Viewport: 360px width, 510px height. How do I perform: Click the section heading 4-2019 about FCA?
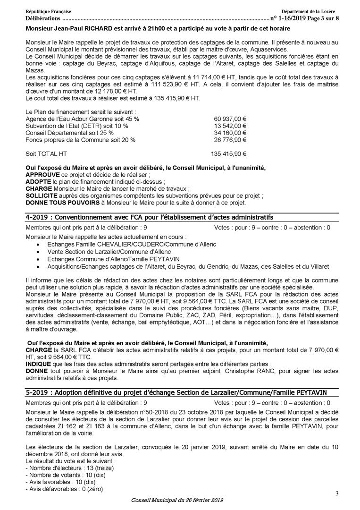pos(150,217)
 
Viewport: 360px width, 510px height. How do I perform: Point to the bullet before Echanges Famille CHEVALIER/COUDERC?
pos(38,246)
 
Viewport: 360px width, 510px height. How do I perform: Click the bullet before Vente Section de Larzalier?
pos(38,253)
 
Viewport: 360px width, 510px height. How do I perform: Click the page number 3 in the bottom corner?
pos(337,493)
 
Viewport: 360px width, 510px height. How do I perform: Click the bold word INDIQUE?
pos(36,365)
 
